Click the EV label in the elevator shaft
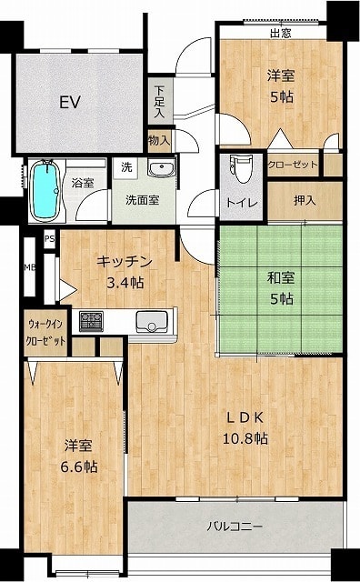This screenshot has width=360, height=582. pyautogui.click(x=70, y=102)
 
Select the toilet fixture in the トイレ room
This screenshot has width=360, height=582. pyautogui.click(x=242, y=169)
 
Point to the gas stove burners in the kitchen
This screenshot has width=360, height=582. pyautogui.click(x=91, y=321)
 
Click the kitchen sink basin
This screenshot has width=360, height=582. pyautogui.click(x=152, y=322)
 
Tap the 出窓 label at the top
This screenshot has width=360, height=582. pyautogui.click(x=281, y=34)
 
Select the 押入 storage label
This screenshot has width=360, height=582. pyautogui.click(x=305, y=200)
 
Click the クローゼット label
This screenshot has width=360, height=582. pyautogui.click(x=293, y=164)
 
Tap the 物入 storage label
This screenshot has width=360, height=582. pyautogui.click(x=160, y=140)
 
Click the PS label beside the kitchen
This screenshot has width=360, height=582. pyautogui.click(x=50, y=239)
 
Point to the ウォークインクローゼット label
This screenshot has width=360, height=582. pyautogui.click(x=45, y=332)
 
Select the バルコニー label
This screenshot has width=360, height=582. pyautogui.click(x=235, y=526)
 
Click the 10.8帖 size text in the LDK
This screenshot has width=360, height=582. pyautogui.click(x=245, y=438)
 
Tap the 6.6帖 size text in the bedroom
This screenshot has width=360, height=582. pyautogui.click(x=79, y=467)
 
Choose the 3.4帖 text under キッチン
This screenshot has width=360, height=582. pyautogui.click(x=125, y=283)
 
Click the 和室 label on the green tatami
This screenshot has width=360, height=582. pyautogui.click(x=281, y=277)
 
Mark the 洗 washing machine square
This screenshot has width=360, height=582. pyautogui.click(x=126, y=167)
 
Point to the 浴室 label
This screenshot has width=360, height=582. pyautogui.click(x=83, y=183)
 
